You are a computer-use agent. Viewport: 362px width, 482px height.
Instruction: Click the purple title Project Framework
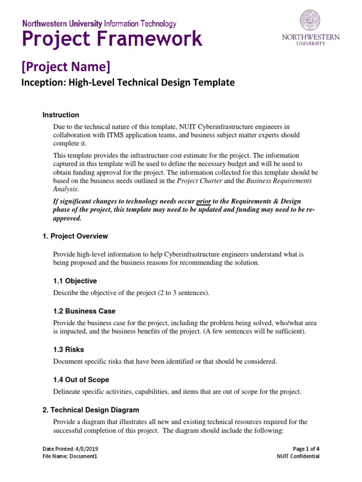coord(113,39)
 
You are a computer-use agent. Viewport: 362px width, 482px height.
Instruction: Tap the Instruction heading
coord(61,115)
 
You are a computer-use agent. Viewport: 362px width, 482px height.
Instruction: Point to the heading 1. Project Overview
coord(75,236)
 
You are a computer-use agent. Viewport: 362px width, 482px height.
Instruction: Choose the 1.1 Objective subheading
coord(74,281)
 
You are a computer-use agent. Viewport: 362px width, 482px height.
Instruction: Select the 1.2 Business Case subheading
coord(84,311)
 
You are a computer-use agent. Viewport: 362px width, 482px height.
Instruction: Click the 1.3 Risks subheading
coord(68,350)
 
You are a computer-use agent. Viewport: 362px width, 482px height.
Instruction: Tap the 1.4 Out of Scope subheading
coord(81,380)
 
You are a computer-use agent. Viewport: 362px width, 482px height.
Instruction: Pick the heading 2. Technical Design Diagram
coord(90,410)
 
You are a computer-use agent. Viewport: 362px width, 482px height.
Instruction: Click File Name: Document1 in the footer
coord(70,456)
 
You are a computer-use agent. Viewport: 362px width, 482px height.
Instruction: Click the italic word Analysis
coord(65,189)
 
